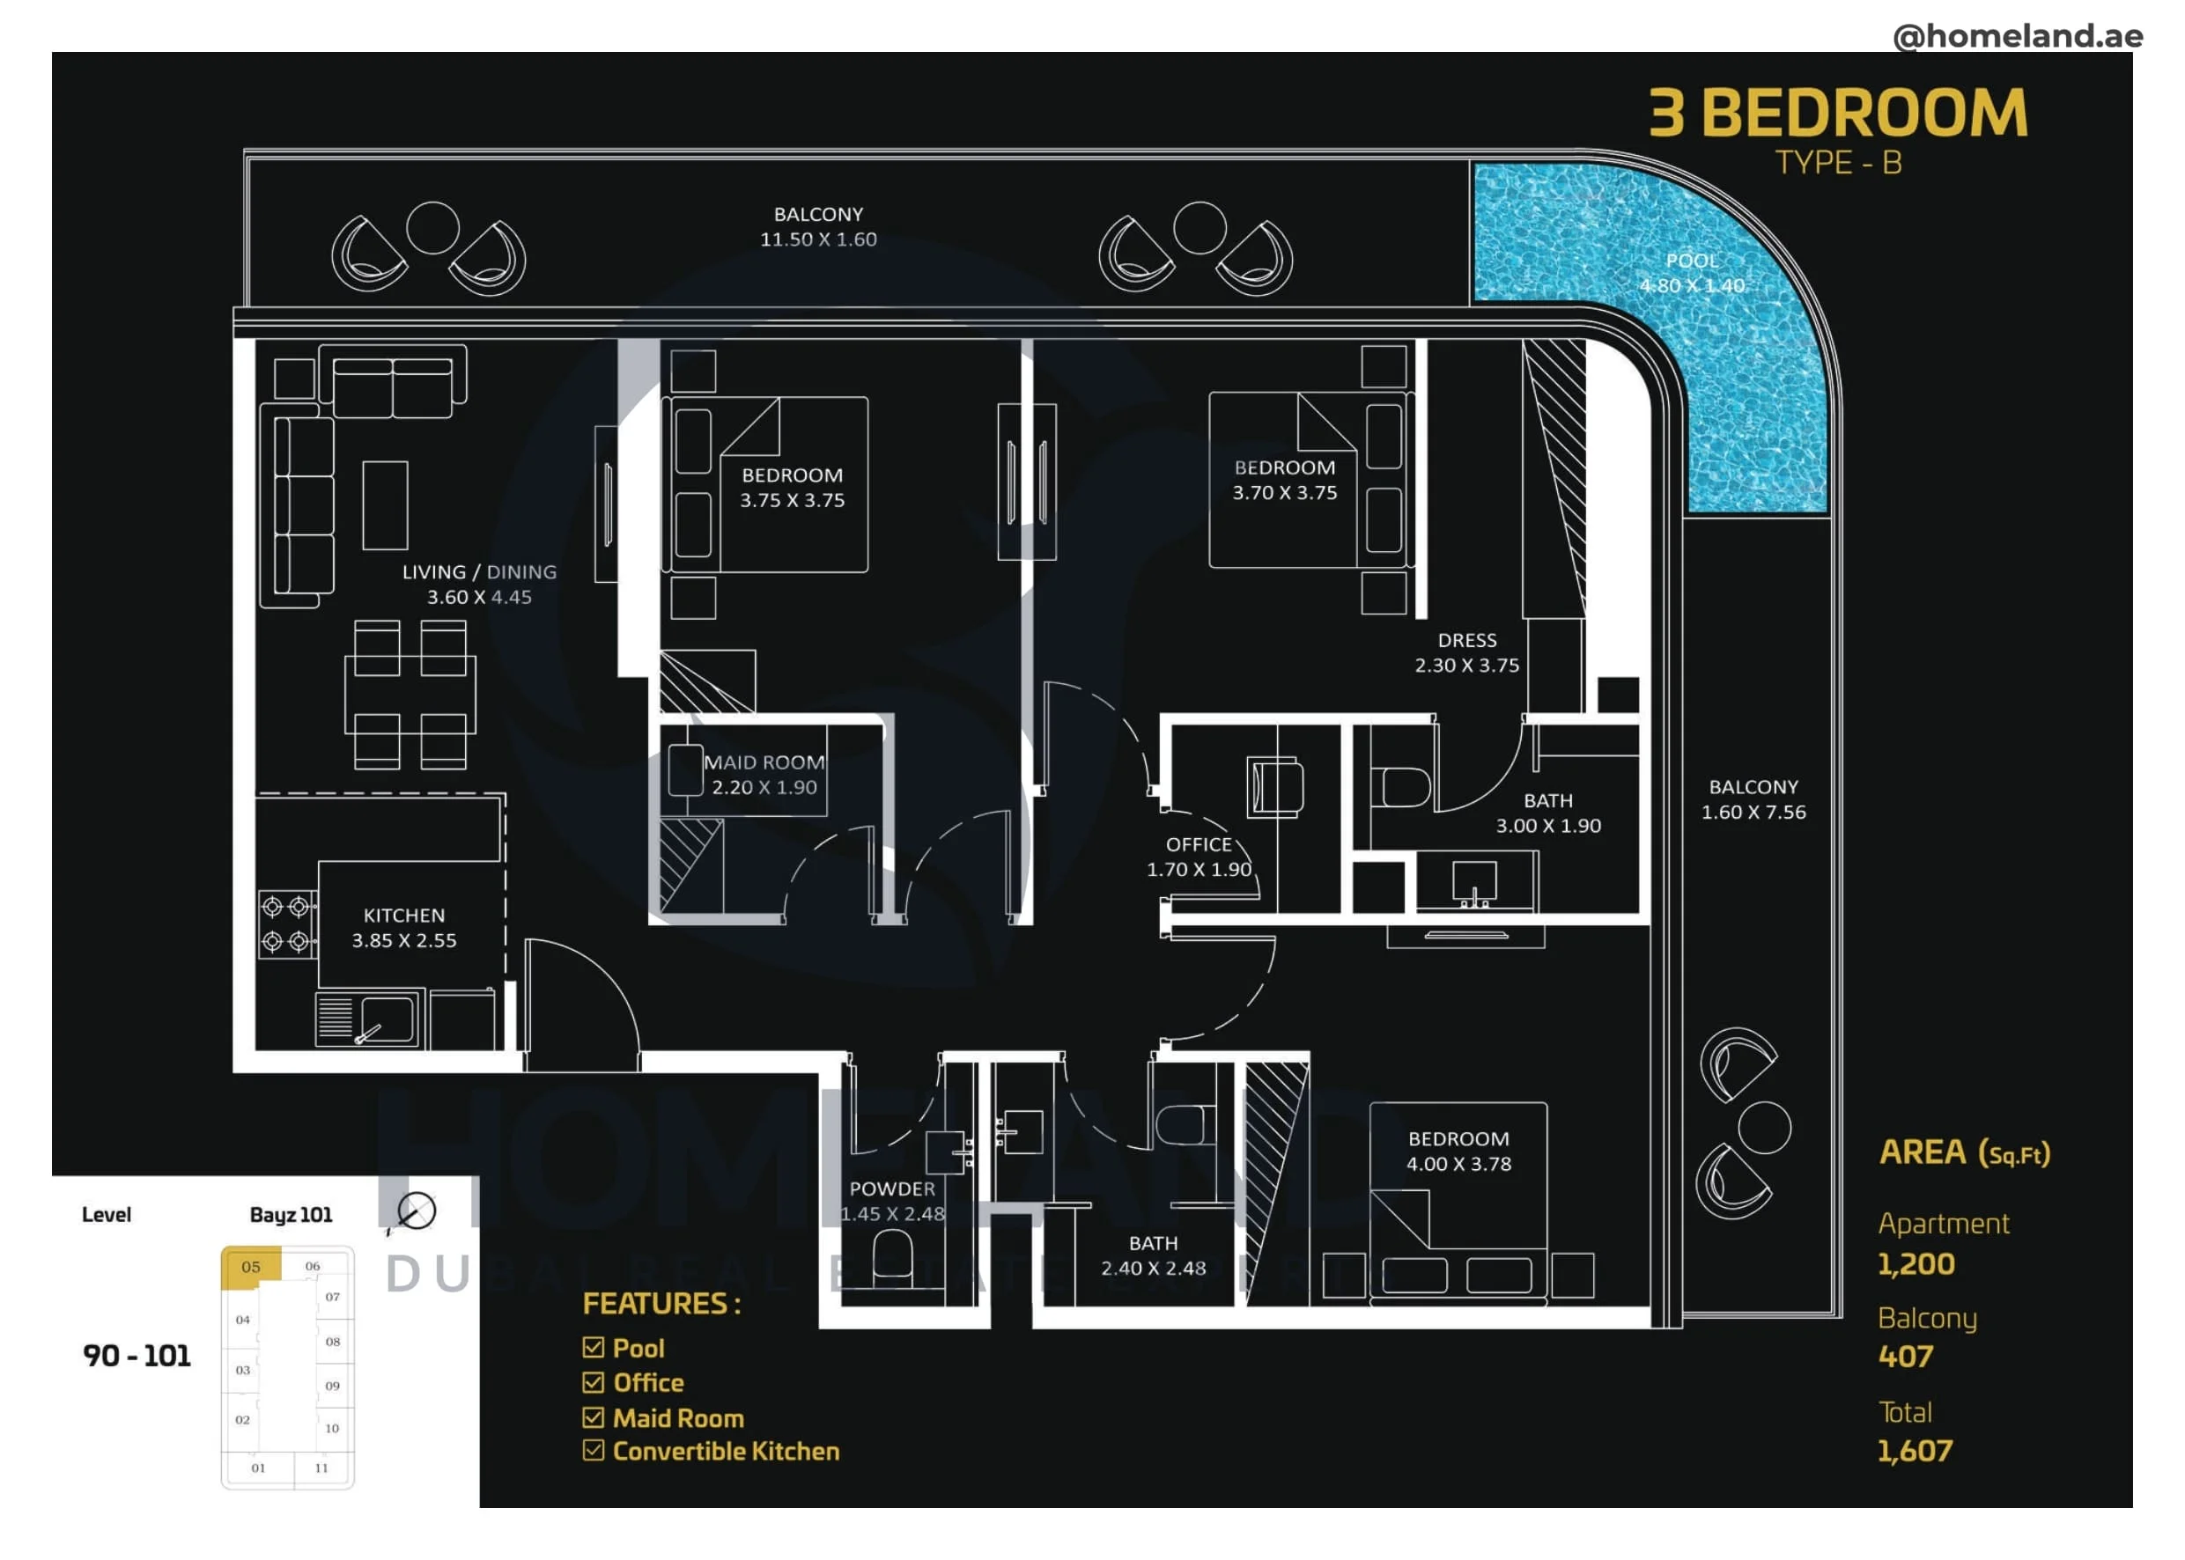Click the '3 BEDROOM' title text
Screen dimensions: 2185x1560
1837,114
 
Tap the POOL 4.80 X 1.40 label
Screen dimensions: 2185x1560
1691,273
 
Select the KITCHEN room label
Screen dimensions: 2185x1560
403,916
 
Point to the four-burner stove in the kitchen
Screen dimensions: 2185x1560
286,923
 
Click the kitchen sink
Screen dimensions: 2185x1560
370,1018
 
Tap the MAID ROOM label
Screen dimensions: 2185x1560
764,762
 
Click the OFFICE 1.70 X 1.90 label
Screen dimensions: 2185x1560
1199,857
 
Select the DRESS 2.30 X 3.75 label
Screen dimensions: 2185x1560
1466,652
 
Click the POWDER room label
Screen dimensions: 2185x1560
891,1188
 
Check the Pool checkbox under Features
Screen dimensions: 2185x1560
593,1347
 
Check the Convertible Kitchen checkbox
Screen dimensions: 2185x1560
593,1450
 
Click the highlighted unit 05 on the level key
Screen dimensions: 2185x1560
251,1266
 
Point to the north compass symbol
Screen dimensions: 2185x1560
415,1211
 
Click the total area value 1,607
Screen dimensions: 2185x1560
1914,1451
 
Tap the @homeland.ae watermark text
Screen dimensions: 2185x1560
2017,35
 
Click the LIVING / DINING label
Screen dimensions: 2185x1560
478,571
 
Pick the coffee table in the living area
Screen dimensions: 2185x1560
384,505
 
